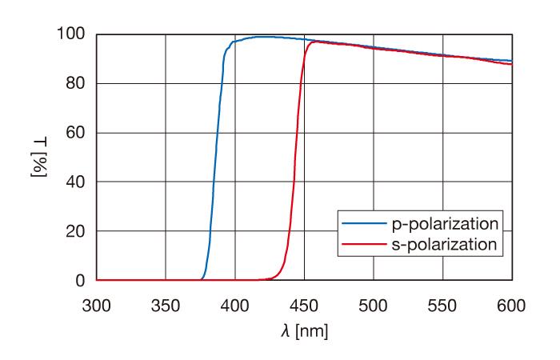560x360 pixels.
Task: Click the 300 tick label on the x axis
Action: tap(97, 305)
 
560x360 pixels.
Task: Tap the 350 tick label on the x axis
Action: tap(166, 305)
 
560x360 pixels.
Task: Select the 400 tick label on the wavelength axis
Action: tap(235, 305)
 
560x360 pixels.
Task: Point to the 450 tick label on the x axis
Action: tap(304, 305)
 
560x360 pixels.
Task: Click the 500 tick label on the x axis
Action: tap(374, 305)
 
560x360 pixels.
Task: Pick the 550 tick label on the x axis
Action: tap(442, 305)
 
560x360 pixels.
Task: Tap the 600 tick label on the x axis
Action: tap(512, 305)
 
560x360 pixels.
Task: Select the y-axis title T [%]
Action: tap(38, 157)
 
